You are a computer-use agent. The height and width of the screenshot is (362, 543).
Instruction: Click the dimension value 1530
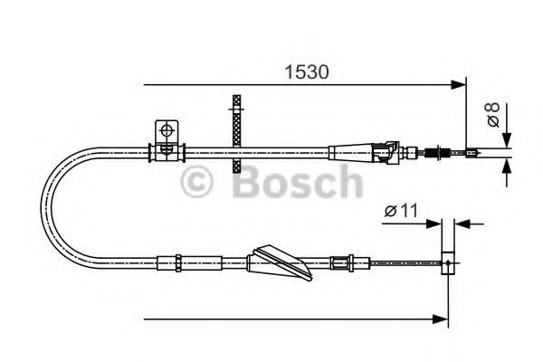pos(301,70)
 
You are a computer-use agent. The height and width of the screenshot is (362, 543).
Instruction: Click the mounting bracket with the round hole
pos(167,133)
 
